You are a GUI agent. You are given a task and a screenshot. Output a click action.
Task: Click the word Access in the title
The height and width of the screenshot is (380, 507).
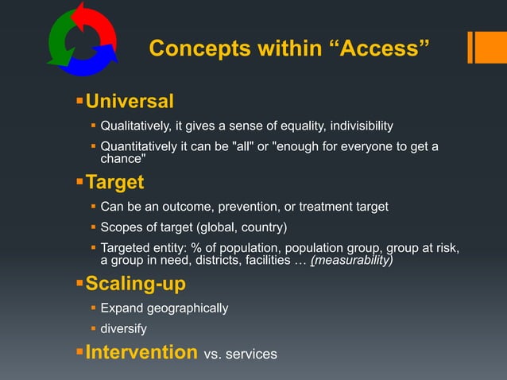coord(380,48)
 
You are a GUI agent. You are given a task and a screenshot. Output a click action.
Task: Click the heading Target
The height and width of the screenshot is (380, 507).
coord(114,183)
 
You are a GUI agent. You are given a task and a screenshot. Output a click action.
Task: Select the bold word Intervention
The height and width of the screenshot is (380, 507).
coord(141,351)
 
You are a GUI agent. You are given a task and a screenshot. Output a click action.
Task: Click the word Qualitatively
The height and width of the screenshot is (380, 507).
coord(137,126)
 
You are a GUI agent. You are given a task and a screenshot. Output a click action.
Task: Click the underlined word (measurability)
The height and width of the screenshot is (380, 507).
coord(351,260)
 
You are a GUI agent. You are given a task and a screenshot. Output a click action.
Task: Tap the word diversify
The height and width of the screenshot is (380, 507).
coord(123,328)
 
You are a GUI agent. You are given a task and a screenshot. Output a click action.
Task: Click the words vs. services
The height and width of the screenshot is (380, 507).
coord(241,354)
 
